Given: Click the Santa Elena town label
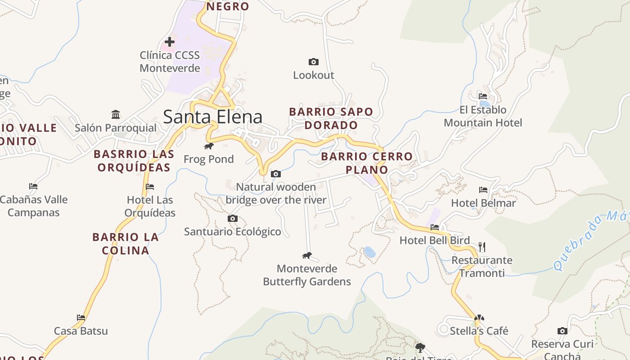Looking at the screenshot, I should [x=212, y=117].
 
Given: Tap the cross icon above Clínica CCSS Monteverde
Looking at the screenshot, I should [x=170, y=42].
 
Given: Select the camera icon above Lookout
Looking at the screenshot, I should [x=314, y=62].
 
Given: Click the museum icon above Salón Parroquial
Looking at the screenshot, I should [x=116, y=114].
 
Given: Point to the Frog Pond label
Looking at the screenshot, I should [x=209, y=159].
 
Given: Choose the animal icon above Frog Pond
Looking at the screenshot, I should [x=209, y=146].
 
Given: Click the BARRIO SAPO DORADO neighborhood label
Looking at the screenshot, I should [x=331, y=118].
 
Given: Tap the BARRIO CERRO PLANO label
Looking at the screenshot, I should [x=367, y=163].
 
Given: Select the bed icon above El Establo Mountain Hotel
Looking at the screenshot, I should [x=483, y=96].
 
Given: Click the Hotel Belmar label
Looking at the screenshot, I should [x=483, y=203].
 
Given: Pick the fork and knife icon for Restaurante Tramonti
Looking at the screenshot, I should [x=482, y=247].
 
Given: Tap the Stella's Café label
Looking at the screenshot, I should [x=479, y=331].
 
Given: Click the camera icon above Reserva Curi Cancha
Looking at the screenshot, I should [x=562, y=331].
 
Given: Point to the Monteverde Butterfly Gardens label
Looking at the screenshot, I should [x=307, y=275].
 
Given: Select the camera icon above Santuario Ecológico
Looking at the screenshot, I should [x=233, y=219].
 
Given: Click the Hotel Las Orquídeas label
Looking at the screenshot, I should [x=150, y=206].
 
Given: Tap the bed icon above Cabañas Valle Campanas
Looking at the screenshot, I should [x=33, y=186].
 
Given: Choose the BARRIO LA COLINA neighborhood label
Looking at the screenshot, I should [x=126, y=243].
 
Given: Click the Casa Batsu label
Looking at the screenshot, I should [x=81, y=331].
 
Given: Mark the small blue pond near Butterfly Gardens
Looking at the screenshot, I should [x=369, y=252].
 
